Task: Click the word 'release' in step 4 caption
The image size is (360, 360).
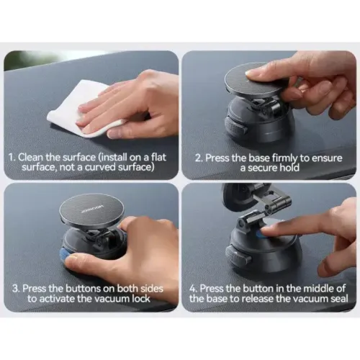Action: (258, 299)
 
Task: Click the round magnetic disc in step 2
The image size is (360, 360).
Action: (256, 78)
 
